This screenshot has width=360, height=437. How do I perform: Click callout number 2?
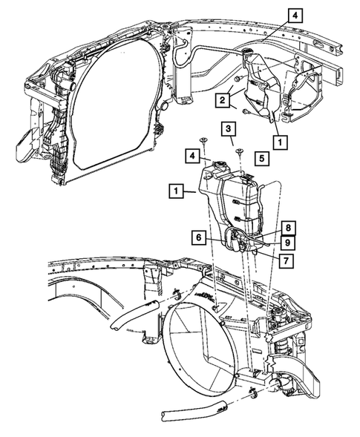(x=221, y=99)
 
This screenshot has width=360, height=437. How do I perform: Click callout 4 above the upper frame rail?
(x=295, y=15)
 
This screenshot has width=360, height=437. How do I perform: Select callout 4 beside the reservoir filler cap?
(x=192, y=157)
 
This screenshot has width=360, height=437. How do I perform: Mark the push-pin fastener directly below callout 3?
(x=240, y=151)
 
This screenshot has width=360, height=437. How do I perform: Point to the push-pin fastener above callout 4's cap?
(x=202, y=140)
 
